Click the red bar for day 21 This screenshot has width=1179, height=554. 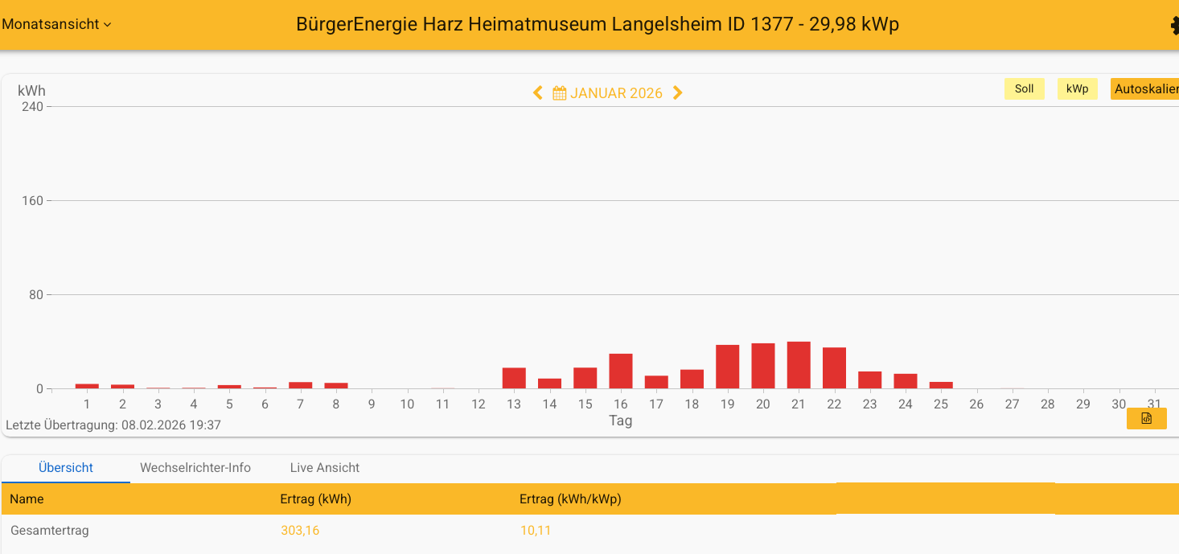click(x=799, y=365)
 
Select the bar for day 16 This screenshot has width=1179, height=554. click(x=621, y=371)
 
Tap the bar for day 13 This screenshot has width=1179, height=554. click(x=514, y=378)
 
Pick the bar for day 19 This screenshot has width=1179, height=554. click(x=728, y=367)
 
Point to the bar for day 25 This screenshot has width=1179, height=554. click(x=941, y=385)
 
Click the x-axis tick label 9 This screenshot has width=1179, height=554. click(x=372, y=404)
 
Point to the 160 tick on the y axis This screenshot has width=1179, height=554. click(x=32, y=201)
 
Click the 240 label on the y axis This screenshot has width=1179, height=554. click(x=32, y=107)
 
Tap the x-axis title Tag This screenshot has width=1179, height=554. click(x=620, y=421)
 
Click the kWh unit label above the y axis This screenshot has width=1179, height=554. click(x=31, y=91)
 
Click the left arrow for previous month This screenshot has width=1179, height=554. click(x=538, y=93)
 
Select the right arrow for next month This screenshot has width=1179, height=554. click(x=677, y=93)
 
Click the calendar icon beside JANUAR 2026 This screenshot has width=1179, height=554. click(x=560, y=93)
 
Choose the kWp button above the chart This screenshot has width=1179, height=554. click(x=1077, y=89)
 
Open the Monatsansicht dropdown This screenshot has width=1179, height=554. click(x=56, y=24)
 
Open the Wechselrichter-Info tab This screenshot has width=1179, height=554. click(x=195, y=468)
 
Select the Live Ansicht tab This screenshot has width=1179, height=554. click(x=325, y=468)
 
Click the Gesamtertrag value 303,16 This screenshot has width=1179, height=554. click(x=300, y=531)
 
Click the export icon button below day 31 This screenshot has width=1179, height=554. click(x=1146, y=419)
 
